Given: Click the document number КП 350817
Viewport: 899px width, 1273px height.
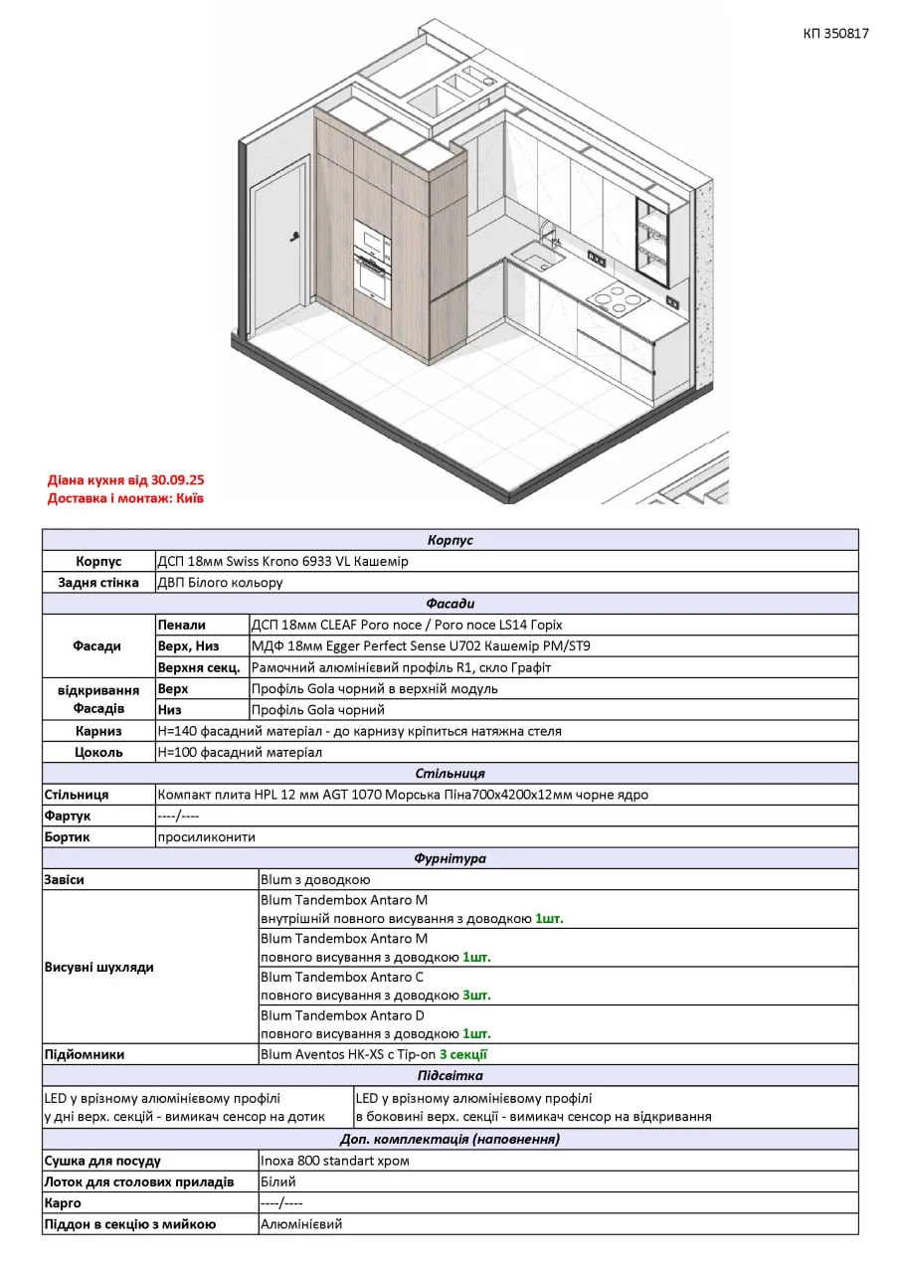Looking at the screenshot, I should pyautogui.click(x=835, y=33).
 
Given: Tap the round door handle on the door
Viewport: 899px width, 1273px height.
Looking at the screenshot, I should pyautogui.click(x=295, y=236).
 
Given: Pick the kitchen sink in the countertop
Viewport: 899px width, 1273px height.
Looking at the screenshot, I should pyautogui.click(x=538, y=262).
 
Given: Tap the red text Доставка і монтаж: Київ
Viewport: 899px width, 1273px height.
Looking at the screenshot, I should pyautogui.click(x=125, y=497).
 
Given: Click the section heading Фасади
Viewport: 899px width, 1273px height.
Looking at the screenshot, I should pyautogui.click(x=449, y=603).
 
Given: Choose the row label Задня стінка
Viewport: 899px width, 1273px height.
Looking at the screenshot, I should pyautogui.click(x=98, y=582).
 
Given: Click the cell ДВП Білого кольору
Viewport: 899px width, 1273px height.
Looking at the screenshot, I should pyautogui.click(x=220, y=582).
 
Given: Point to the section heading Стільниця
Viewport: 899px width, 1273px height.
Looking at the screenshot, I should pyautogui.click(x=449, y=773).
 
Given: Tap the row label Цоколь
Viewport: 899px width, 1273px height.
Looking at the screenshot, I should pyautogui.click(x=98, y=752).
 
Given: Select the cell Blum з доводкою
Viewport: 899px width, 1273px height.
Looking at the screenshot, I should pyautogui.click(x=315, y=879).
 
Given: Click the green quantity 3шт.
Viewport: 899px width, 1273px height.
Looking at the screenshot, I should pyautogui.click(x=476, y=995).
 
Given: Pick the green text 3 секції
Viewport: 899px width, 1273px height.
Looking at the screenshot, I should pyautogui.click(x=463, y=1054).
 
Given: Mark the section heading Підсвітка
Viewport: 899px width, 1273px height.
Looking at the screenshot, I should pyautogui.click(x=449, y=1075).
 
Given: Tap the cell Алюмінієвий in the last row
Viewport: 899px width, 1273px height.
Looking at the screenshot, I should pyautogui.click(x=301, y=1224).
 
